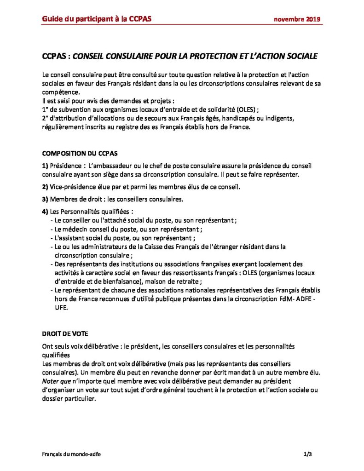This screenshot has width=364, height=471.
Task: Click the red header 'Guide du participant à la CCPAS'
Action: pos(97,18)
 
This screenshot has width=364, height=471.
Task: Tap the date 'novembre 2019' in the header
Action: pos(297,19)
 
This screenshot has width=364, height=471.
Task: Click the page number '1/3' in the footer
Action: pos(308,454)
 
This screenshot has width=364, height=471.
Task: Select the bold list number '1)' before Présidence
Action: pos(45,165)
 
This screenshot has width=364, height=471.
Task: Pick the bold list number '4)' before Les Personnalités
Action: pos(45,211)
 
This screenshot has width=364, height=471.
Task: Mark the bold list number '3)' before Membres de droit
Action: pos(45,199)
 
